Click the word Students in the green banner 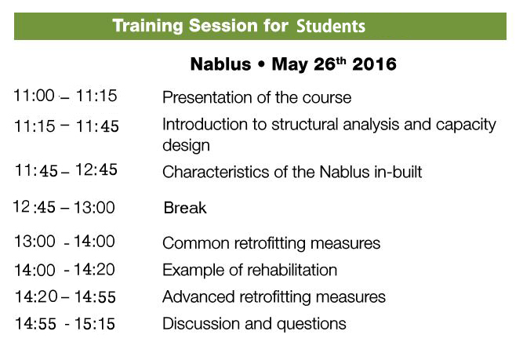click(331, 26)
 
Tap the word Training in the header click(147, 26)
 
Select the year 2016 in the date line click(374, 64)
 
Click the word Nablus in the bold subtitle click(220, 64)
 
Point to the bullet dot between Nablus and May click(262, 65)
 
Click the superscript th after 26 click(341, 60)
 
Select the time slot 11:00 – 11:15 click(65, 96)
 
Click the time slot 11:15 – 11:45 click(67, 126)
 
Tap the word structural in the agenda click(304, 125)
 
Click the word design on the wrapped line click(186, 145)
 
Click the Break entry click(185, 208)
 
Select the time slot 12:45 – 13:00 click(64, 207)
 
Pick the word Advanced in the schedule click(198, 297)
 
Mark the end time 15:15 click(95, 324)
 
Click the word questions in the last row click(311, 324)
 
